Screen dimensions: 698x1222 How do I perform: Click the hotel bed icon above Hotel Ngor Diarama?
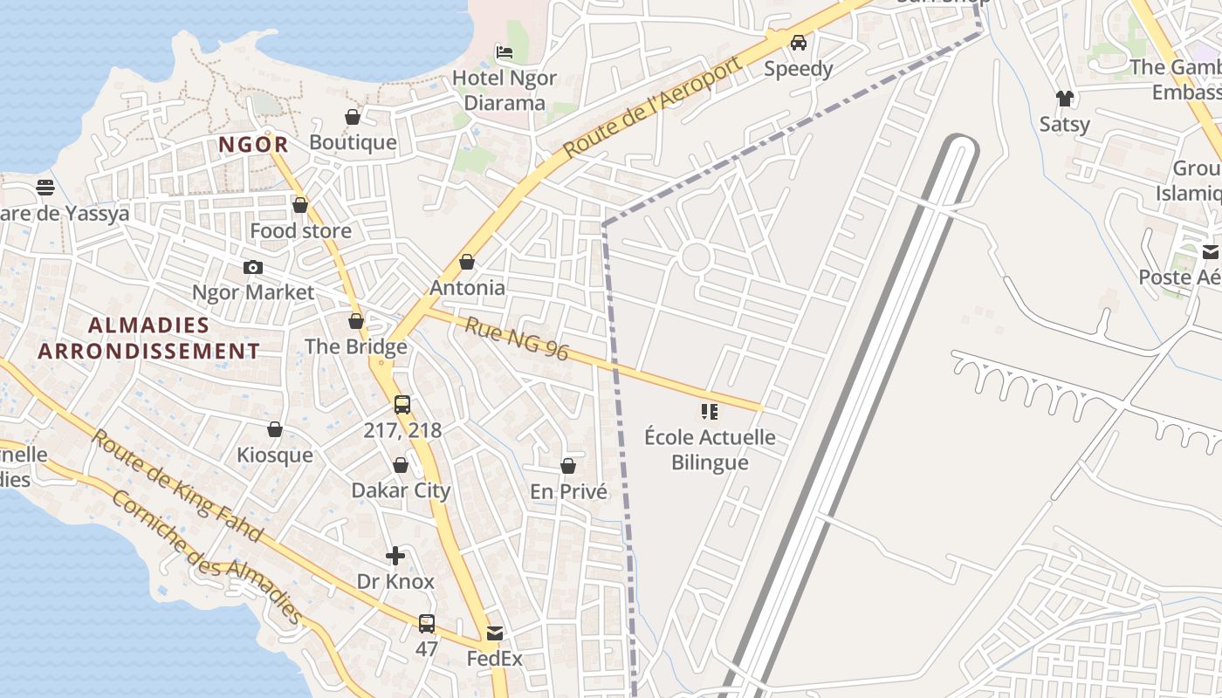(505, 52)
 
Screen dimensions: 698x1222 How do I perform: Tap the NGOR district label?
(253, 145)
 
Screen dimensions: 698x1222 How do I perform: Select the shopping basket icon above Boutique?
(353, 117)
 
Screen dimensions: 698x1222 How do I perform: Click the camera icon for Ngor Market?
(253, 267)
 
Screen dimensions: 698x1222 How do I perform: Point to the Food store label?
(300, 231)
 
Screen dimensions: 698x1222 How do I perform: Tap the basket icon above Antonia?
(467, 262)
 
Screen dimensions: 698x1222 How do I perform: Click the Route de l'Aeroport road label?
(653, 106)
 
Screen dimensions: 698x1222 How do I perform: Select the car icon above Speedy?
(799, 43)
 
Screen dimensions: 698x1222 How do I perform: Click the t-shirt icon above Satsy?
(1064, 99)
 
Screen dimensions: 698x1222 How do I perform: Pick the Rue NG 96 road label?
(516, 339)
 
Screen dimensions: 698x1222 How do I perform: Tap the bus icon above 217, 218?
(402, 405)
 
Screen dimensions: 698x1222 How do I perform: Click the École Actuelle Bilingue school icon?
(710, 411)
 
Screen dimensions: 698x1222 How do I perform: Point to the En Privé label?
(568, 492)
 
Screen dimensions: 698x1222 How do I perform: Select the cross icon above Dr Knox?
(395, 556)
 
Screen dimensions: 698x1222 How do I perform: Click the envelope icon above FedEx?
(495, 633)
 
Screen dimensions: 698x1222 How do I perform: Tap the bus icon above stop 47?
(427, 624)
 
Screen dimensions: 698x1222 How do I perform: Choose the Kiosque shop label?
(274, 455)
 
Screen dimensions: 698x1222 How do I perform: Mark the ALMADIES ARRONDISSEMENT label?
(148, 339)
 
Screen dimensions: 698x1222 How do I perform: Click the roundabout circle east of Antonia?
(696, 257)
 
